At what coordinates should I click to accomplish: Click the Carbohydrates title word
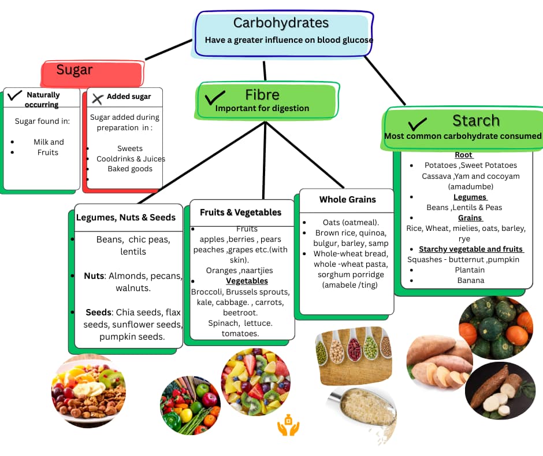coord(281,23)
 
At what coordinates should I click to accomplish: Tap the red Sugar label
coord(75,71)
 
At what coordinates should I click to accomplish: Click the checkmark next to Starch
coord(417,123)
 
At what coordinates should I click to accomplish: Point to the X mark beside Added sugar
coord(97,98)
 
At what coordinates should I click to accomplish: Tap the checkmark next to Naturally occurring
coord(14,95)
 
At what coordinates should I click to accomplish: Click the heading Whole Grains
coord(347,200)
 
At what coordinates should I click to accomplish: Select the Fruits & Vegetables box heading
coord(240,212)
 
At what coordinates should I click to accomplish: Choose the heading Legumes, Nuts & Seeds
coord(125,218)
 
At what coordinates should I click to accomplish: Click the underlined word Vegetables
coord(247,281)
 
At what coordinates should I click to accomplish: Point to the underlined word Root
coord(463,155)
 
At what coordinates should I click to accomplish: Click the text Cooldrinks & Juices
coord(131,159)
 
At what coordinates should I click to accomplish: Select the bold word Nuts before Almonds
coord(95,277)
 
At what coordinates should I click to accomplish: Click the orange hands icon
coord(288,427)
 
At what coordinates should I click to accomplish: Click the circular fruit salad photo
coord(255,382)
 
